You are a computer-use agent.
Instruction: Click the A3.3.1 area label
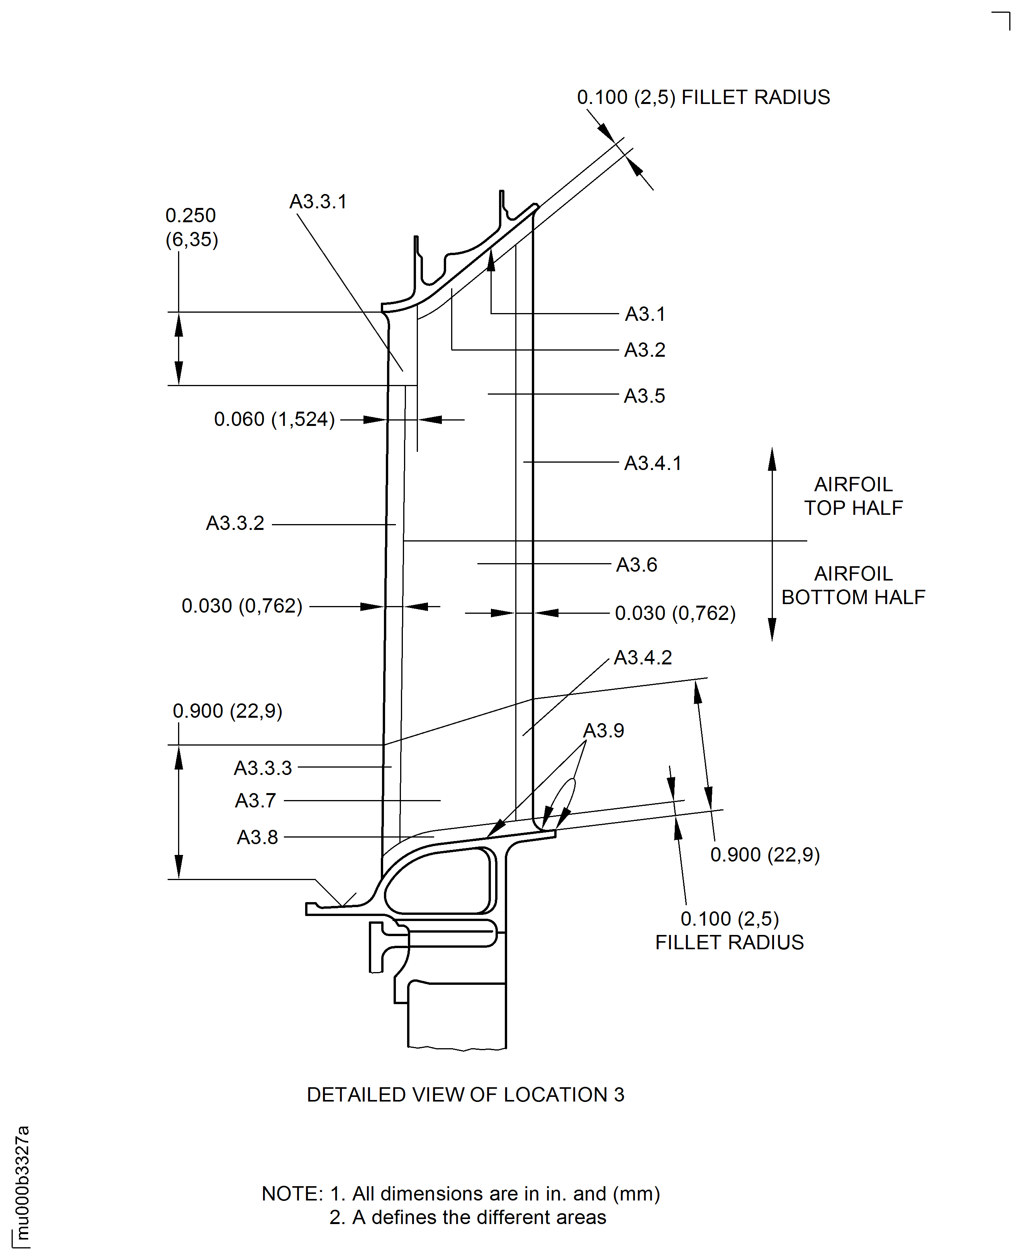[x=318, y=202]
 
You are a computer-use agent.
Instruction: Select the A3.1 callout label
[x=645, y=314]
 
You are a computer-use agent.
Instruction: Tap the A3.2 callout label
[x=645, y=350]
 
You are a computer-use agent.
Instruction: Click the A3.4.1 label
[x=653, y=463]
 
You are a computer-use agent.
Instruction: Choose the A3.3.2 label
[x=235, y=523]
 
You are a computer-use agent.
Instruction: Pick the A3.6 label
[x=637, y=565]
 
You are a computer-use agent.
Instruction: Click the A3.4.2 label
[x=643, y=657]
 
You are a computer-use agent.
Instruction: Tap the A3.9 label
[x=603, y=730]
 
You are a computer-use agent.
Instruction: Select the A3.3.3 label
[x=263, y=768]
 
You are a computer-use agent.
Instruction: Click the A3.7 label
[x=256, y=800]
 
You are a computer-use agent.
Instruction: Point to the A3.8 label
[x=257, y=837]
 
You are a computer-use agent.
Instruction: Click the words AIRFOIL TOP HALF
[x=853, y=496]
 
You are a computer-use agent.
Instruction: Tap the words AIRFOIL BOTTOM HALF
[x=853, y=586]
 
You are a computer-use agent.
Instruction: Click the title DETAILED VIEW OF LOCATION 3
[x=465, y=1095]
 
